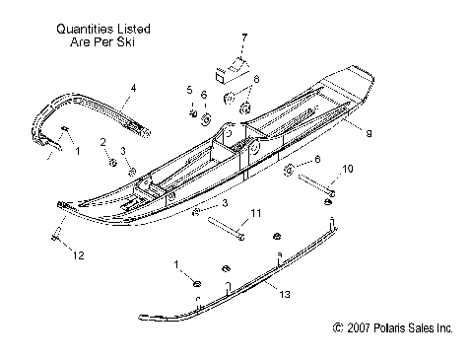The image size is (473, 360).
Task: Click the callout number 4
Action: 134,89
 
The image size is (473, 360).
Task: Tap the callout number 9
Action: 368,130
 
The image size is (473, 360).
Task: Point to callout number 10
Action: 347,171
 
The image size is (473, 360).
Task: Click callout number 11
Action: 254,213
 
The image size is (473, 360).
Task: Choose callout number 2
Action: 101,144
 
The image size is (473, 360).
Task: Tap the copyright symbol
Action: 339,327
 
